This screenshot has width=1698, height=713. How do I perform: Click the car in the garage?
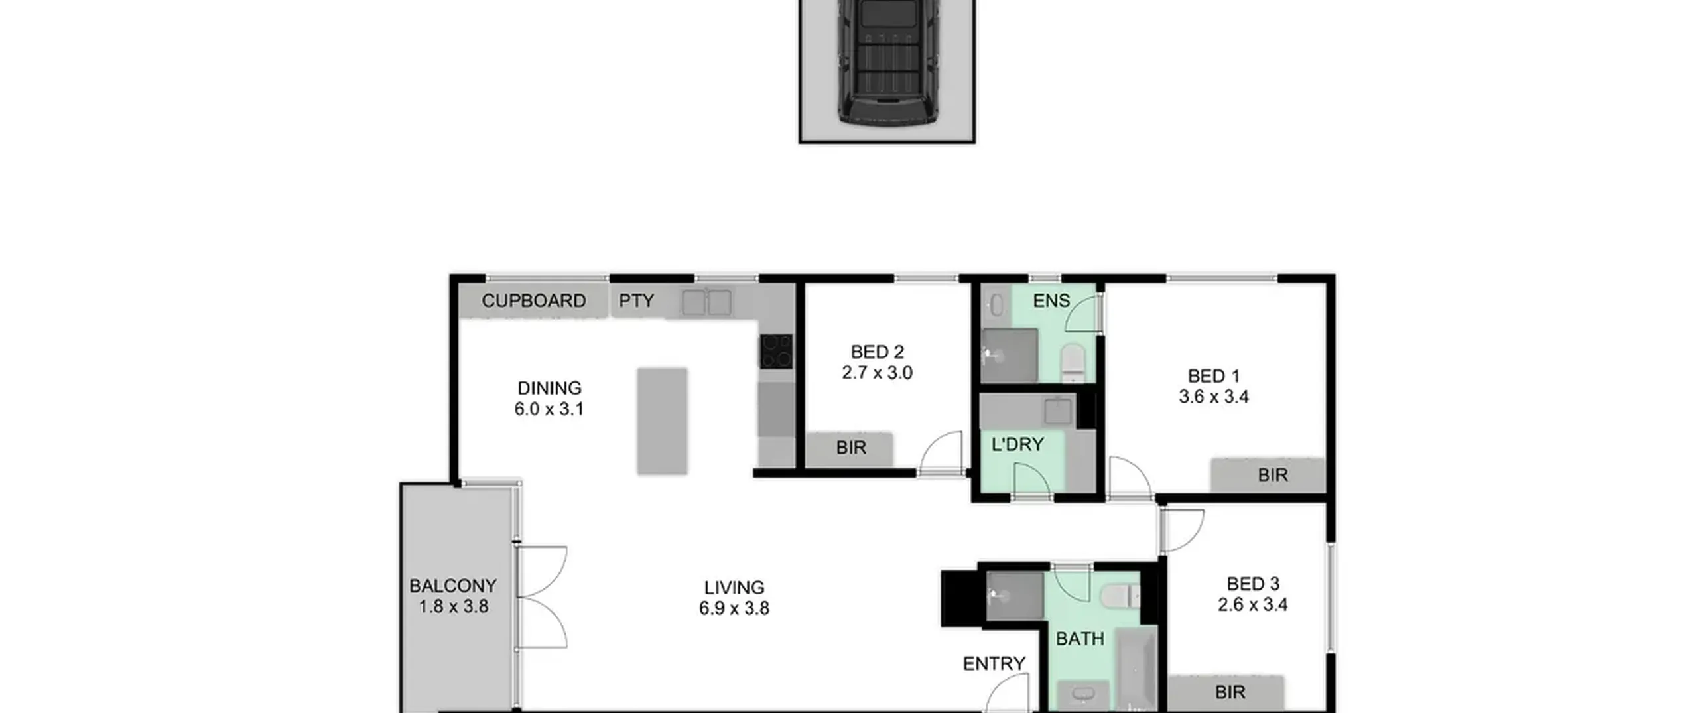887,63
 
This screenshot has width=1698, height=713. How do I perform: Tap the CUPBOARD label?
534,301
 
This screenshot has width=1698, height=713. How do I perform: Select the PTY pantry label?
637,301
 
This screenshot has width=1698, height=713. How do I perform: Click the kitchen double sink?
707,302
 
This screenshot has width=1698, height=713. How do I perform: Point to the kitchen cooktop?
776,351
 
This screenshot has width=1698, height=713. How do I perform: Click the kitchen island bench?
662,421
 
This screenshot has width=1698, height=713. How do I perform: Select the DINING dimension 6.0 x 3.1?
549,409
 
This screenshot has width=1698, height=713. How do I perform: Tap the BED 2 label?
878,352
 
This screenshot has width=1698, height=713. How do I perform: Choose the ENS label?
1051,301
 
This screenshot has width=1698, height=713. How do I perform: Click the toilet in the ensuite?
1073,362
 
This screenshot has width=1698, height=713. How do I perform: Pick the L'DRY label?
1017,444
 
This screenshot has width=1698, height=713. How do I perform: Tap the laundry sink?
1057,411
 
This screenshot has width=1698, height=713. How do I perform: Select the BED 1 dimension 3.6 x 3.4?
1214,397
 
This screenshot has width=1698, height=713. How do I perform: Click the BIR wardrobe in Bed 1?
1268,475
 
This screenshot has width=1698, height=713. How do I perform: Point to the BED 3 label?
1253,584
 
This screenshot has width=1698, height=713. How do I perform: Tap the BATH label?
1080,639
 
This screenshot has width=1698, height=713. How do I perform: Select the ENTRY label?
994,663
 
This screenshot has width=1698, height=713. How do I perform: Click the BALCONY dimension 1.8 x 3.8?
454,606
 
